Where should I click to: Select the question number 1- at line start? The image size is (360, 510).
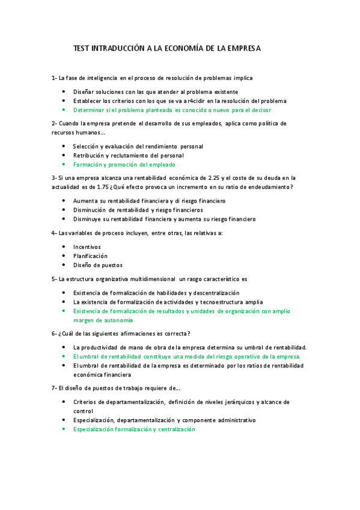point(54,78)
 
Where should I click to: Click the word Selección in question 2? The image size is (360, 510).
point(88,146)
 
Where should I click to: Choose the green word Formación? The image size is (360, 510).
point(88,164)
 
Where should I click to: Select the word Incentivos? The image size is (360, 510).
point(87,247)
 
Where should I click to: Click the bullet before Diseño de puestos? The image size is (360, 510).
point(64,265)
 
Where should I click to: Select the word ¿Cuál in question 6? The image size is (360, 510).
point(66,334)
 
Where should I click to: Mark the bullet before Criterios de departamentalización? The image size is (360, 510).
point(64,402)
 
